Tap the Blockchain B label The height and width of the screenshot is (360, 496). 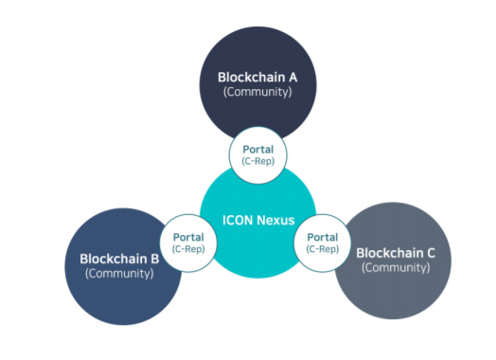[x=119, y=259]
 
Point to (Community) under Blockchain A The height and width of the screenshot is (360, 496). [x=257, y=93]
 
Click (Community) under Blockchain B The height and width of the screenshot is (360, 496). [x=119, y=274]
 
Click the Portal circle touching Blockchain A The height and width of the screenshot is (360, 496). [x=258, y=153]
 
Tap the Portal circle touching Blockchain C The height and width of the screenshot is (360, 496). [x=324, y=243]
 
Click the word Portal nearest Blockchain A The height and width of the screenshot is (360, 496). [x=258, y=148]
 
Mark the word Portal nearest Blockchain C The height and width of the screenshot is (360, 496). [x=324, y=237]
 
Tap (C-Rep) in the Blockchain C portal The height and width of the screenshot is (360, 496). [x=324, y=249]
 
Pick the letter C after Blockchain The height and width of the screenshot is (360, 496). [x=434, y=253]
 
